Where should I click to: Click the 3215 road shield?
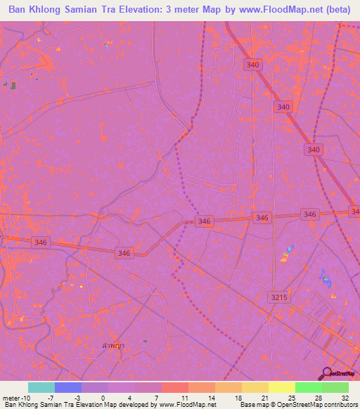(280, 298)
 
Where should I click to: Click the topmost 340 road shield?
(253, 65)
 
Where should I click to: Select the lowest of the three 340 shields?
(314, 150)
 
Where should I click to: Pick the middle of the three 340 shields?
(283, 107)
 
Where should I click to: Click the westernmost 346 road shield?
(40, 242)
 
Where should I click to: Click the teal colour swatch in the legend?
(41, 387)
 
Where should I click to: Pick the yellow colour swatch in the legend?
(281, 387)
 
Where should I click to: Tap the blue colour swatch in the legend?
(68, 387)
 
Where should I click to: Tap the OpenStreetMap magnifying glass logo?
(326, 372)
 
